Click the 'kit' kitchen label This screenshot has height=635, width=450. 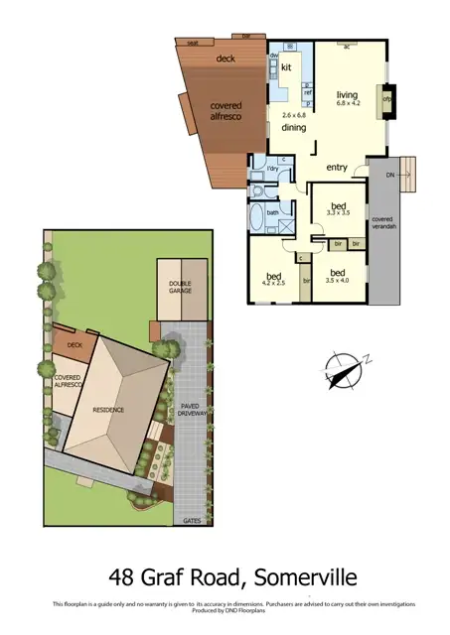[x=287, y=67]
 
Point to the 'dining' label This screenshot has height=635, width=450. [x=293, y=128]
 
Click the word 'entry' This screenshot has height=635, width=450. [x=337, y=168]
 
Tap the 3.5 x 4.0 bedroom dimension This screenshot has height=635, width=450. [x=337, y=281]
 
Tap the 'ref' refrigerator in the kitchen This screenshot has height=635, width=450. [x=307, y=92]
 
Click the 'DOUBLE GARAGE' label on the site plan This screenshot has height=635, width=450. [x=180, y=288]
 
